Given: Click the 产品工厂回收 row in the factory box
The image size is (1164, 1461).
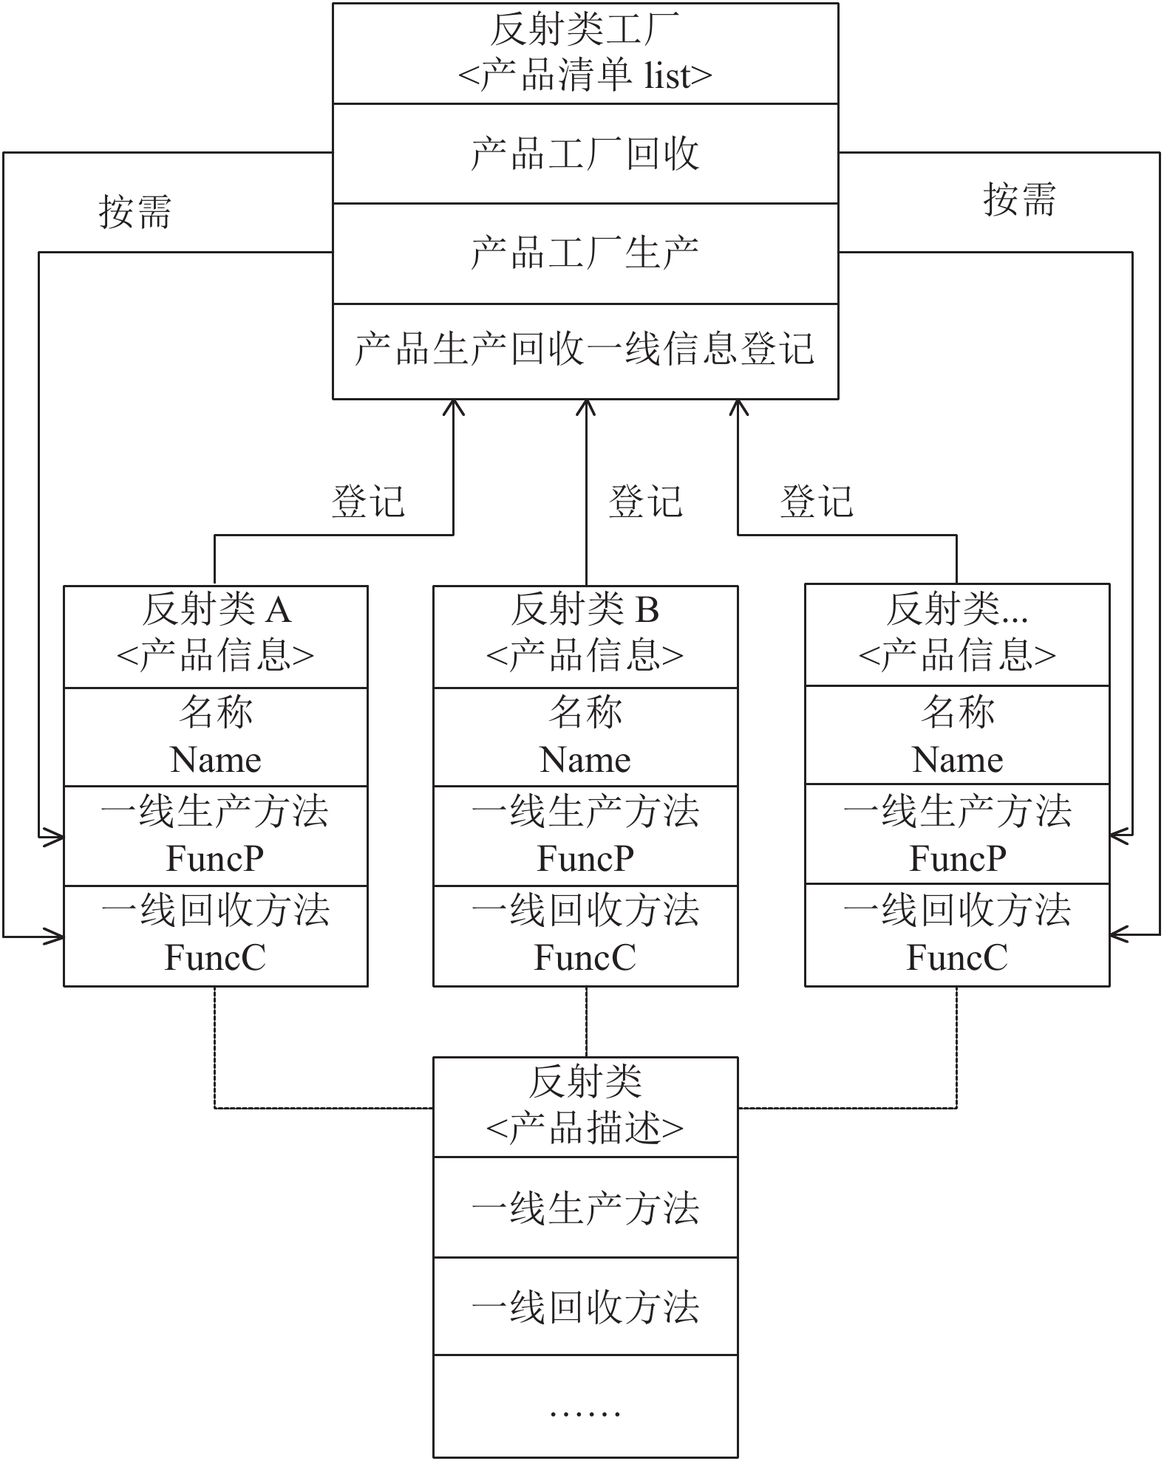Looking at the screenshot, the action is click(585, 154).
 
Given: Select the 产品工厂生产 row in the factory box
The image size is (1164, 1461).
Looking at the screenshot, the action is click(585, 253).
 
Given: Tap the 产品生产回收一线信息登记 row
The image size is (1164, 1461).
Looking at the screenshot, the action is click(585, 350).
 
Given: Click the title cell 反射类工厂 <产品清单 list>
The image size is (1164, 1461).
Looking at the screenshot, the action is click(585, 53).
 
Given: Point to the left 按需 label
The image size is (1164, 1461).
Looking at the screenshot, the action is click(135, 212).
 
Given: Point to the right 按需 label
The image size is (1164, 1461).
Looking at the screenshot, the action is click(1019, 199).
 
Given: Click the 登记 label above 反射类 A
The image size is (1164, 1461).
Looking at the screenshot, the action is click(368, 502).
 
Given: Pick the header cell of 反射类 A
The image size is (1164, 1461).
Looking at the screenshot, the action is click(216, 637).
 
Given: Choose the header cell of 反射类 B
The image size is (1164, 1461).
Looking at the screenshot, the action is click(585, 637).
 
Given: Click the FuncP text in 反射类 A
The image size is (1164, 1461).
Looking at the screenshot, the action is click(215, 858).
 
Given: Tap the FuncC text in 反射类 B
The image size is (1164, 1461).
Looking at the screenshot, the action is click(585, 958).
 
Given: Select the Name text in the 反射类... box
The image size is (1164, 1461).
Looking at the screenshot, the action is click(958, 759).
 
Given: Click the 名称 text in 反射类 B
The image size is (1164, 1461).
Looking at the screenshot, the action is click(585, 711).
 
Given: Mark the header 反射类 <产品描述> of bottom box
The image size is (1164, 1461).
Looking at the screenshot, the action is click(585, 1107).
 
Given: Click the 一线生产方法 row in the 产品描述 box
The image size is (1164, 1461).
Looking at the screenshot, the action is click(585, 1208).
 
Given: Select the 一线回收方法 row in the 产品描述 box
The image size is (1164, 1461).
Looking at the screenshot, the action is click(585, 1307).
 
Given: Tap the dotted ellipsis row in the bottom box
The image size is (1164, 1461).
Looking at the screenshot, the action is click(585, 1406).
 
